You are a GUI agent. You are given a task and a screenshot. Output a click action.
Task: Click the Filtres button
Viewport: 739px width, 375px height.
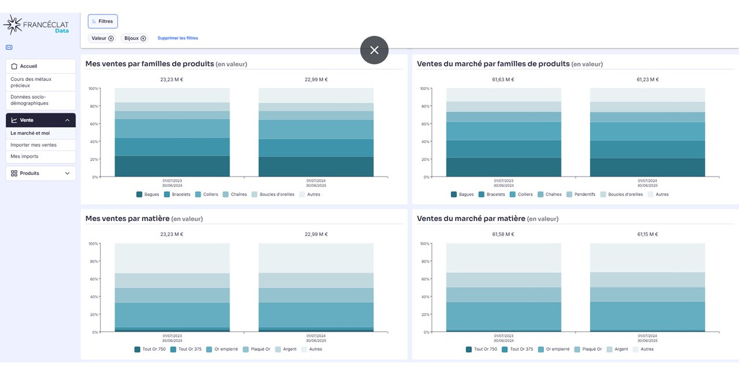[103, 21]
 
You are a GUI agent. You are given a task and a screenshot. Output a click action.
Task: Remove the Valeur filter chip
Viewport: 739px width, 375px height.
[111, 39]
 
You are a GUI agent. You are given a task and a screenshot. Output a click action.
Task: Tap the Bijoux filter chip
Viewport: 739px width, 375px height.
[135, 38]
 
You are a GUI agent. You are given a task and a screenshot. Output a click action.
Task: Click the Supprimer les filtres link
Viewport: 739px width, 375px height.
[177, 38]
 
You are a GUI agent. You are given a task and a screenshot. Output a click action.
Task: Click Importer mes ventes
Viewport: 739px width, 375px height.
[33, 145]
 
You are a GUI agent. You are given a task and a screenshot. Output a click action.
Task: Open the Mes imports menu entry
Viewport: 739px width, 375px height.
[24, 156]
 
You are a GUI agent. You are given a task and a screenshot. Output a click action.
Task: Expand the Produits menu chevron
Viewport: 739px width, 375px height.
[68, 173]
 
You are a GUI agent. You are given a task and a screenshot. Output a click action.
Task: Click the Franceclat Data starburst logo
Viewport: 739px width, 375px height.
[13, 25]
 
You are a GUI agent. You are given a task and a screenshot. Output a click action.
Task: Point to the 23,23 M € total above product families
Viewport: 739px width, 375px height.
[171, 80]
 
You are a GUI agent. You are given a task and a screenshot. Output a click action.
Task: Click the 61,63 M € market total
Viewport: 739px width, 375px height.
[503, 80]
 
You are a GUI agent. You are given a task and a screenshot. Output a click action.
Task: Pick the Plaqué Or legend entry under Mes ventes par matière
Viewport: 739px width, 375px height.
[257, 349]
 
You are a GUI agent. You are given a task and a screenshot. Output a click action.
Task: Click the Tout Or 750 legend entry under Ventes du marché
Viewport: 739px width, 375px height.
[482, 349]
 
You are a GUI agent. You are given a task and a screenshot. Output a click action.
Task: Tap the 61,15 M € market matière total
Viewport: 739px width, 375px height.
[647, 234]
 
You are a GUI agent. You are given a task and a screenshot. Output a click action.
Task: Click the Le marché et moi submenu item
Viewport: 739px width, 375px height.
[30, 133]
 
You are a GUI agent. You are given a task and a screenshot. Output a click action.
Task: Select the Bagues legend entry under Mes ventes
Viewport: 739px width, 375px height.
[148, 194]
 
